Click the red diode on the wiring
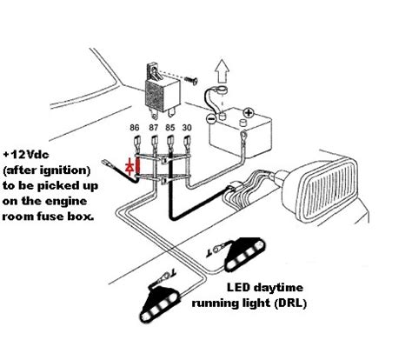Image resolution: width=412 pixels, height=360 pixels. pos(131,164)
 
